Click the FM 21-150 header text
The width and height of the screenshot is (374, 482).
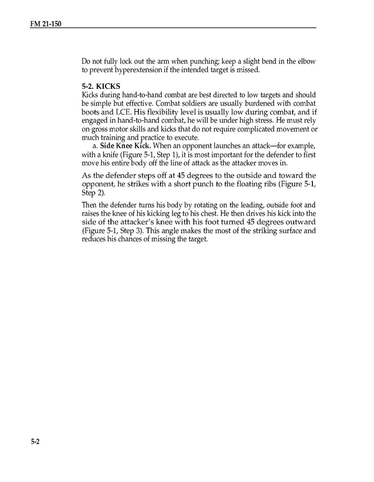point(46,24)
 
